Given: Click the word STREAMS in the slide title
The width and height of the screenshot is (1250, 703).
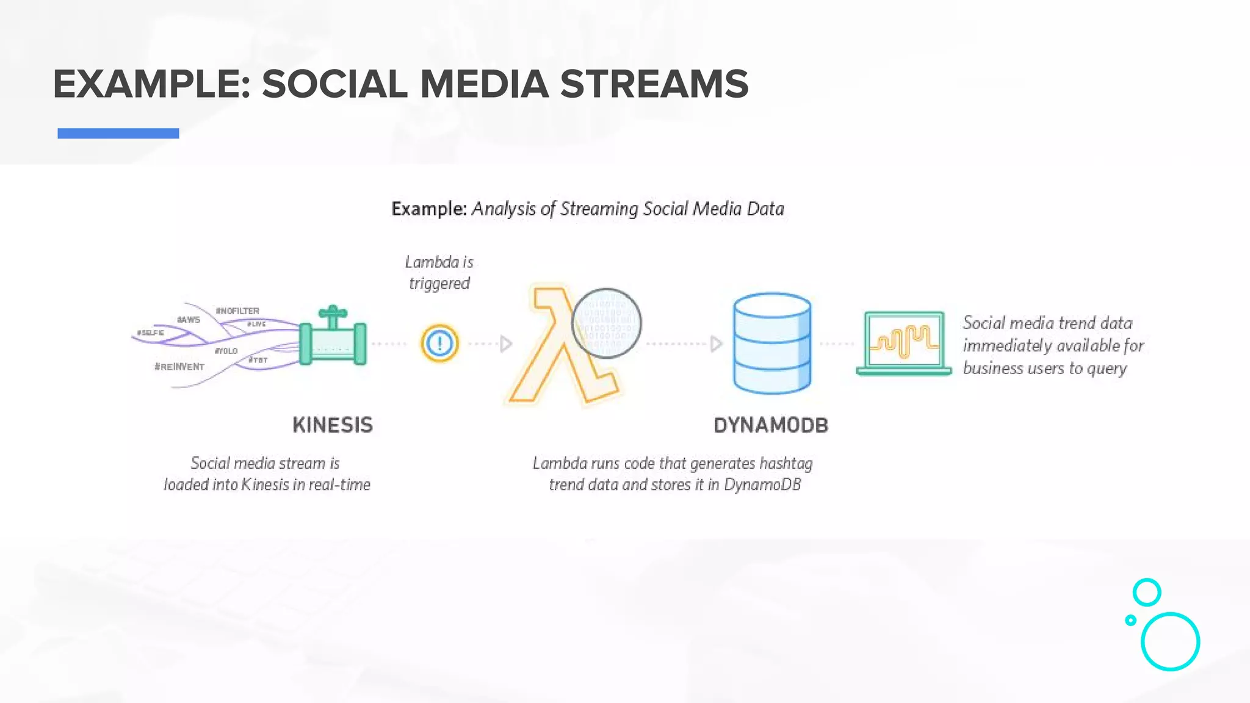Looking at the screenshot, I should [x=654, y=84].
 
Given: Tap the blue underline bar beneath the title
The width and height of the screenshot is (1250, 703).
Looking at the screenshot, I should [x=118, y=133].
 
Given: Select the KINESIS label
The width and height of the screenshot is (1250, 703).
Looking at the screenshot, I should [x=333, y=425].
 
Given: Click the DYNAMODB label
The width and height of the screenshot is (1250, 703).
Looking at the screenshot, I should [x=771, y=425].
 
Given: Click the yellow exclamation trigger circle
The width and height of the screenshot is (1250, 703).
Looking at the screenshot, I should [x=439, y=344].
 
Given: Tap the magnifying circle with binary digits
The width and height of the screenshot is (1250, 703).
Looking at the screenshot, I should [x=606, y=323].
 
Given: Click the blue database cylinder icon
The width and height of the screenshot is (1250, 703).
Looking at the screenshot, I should [x=772, y=343].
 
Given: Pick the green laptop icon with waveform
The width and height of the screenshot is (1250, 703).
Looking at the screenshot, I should [x=904, y=343].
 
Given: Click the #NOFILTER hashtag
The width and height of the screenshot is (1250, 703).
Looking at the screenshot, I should [x=237, y=311].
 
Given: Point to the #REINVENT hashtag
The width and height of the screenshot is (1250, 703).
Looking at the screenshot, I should [x=179, y=367].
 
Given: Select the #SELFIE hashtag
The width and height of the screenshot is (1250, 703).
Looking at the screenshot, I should [x=150, y=333].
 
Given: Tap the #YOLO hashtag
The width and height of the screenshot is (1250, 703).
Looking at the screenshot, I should [x=226, y=351].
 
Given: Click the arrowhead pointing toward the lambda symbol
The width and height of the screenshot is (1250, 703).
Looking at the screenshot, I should [x=506, y=344].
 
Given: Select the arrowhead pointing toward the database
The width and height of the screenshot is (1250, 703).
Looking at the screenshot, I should [x=717, y=344].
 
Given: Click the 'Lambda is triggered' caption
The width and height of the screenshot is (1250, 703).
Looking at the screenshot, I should [x=439, y=273].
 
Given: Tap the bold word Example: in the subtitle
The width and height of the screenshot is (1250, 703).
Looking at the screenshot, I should [x=429, y=209].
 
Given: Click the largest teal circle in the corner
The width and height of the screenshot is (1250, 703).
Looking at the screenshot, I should [x=1170, y=641].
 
